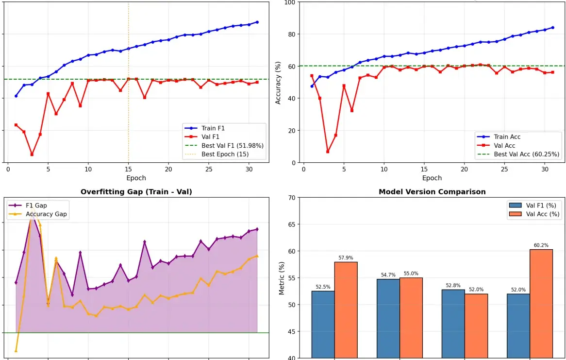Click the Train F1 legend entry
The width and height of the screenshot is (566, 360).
(213, 128)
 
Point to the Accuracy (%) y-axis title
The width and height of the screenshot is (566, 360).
(278, 83)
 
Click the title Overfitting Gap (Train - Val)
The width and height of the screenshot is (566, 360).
(136, 192)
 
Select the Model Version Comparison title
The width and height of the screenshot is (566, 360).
(432, 192)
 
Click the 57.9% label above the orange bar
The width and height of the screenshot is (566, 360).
(346, 258)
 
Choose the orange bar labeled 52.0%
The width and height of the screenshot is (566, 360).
(476, 326)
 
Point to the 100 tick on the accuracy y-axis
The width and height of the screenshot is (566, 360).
(290, 2)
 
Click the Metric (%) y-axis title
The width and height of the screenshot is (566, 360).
(282, 278)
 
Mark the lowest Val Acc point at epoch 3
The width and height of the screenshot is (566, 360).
(328, 152)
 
